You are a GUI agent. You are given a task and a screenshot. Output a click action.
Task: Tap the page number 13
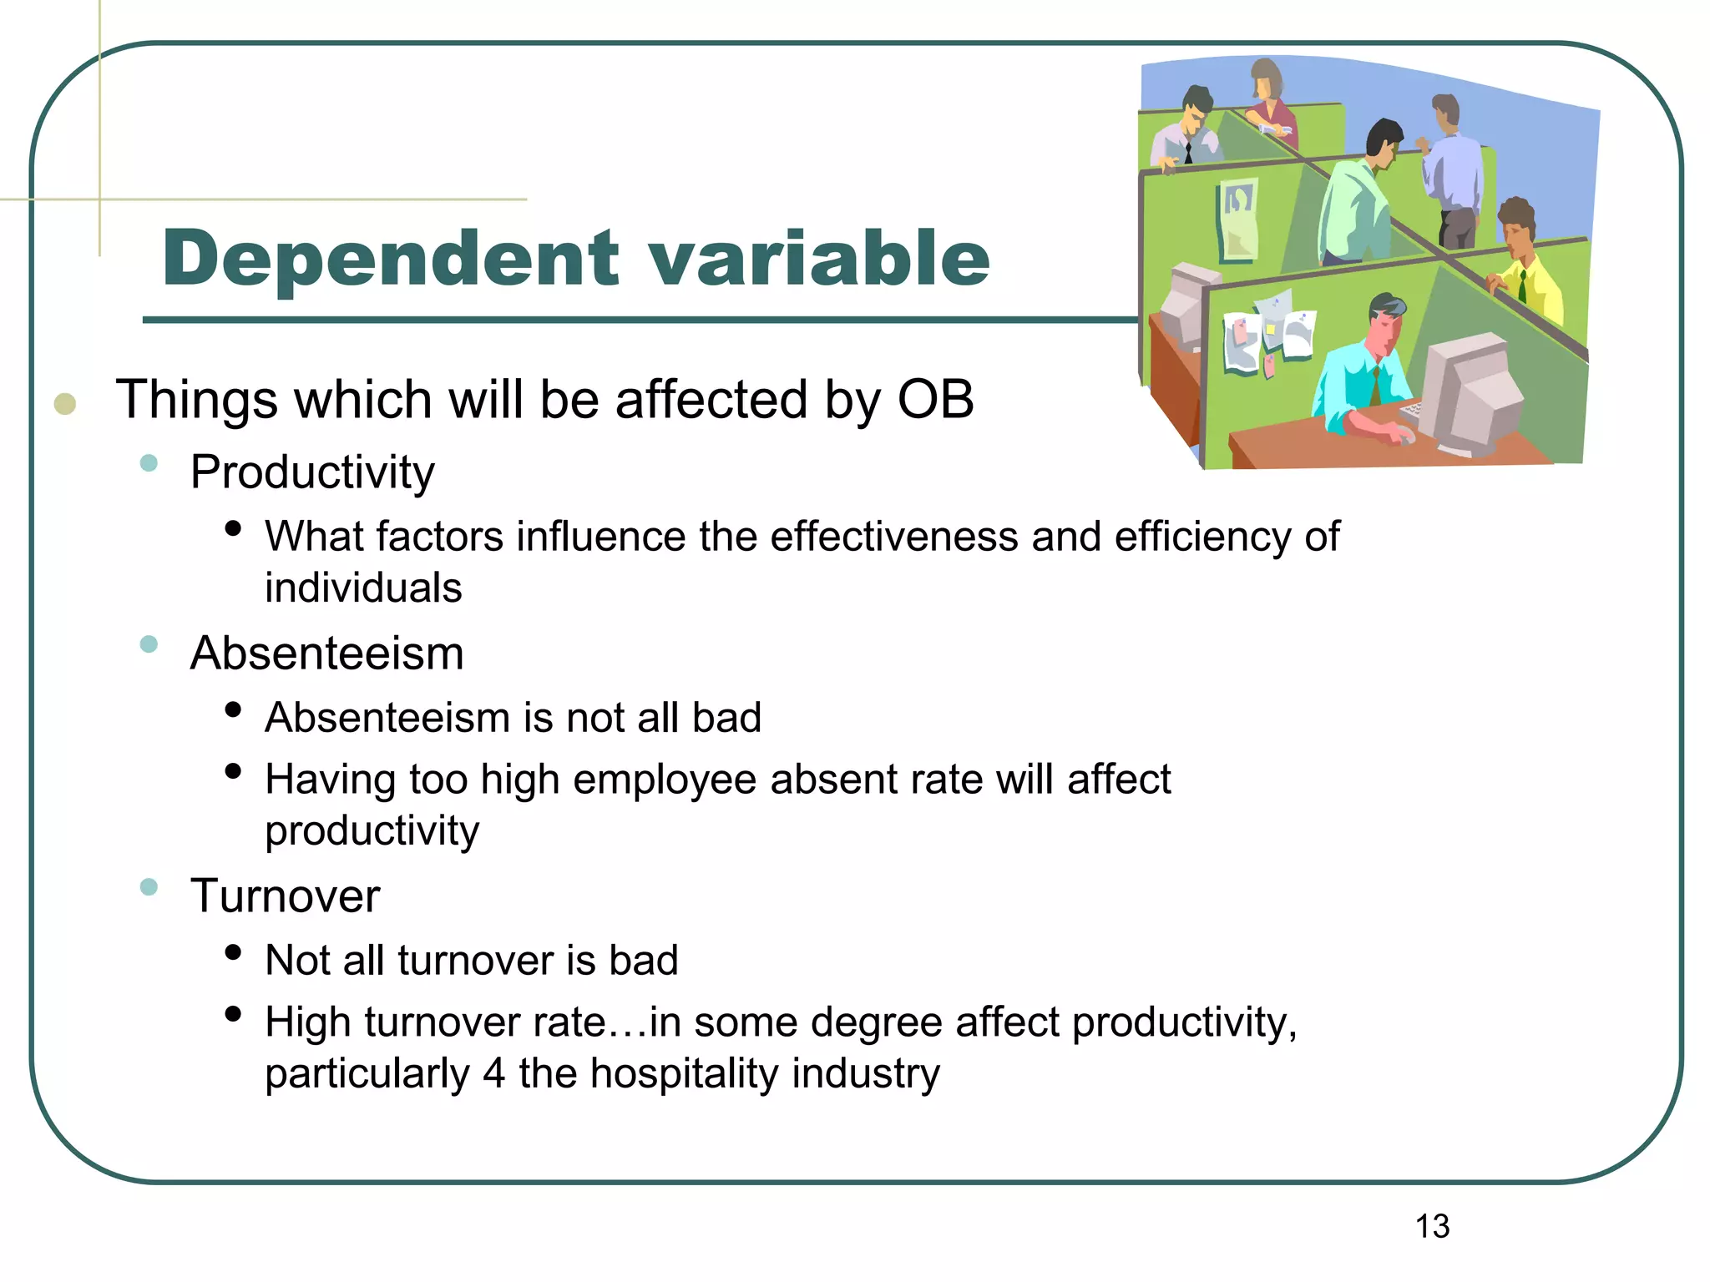tap(1432, 1227)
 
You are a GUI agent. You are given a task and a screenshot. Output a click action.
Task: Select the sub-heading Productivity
tap(312, 472)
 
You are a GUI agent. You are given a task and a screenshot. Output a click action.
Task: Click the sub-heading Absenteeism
tap(326, 654)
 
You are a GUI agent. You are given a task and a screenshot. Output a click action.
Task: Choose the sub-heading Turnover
tap(285, 896)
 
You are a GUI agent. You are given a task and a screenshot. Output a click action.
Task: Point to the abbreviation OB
tap(935, 400)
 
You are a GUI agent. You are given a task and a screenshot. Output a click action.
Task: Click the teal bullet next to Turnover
tap(149, 886)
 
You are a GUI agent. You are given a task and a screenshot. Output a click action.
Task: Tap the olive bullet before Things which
tap(65, 405)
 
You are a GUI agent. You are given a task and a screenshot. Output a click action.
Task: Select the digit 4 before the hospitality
tap(493, 1073)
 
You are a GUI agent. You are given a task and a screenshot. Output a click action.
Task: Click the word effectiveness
tap(893, 537)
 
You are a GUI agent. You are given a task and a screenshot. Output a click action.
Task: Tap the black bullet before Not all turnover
tap(233, 952)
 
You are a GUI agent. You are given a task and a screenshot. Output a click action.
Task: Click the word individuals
tap(363, 588)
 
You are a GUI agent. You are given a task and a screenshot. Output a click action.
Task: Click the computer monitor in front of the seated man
tap(1470, 392)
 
